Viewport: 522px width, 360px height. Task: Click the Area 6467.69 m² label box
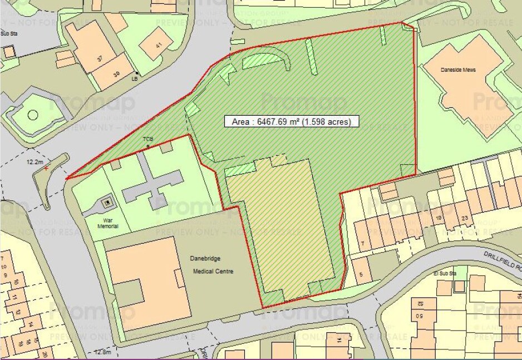coord(292,121)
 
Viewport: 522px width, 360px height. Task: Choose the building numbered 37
coord(100,59)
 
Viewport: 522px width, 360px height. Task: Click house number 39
coord(116,75)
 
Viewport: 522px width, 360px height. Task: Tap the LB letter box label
coord(134,79)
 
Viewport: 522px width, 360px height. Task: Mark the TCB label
coord(147,139)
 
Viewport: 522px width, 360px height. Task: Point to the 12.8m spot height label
coord(103,352)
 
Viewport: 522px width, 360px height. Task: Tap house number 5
coord(362,273)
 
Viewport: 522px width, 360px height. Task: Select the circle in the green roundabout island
coord(32,116)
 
